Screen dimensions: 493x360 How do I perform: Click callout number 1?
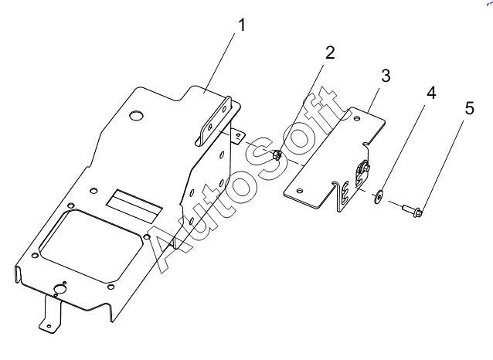tap(241, 25)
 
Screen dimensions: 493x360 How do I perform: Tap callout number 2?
tap(330, 53)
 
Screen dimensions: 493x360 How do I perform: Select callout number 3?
tap(386, 76)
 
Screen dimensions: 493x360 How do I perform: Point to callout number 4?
tap(431, 93)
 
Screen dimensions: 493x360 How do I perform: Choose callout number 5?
tap(469, 108)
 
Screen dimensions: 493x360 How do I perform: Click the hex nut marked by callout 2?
tap(277, 155)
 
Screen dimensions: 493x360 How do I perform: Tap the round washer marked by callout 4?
tap(378, 196)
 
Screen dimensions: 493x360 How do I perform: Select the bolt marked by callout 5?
tap(413, 210)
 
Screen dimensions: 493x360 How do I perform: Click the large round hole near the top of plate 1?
tap(137, 116)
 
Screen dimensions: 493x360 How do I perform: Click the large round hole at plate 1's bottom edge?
tap(59, 289)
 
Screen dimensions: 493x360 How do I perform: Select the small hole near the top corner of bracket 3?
tap(357, 119)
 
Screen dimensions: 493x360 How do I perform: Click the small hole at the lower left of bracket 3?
tap(300, 191)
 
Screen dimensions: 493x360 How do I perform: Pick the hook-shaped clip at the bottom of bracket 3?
tap(342, 196)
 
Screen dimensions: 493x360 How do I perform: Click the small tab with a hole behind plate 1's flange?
tap(238, 136)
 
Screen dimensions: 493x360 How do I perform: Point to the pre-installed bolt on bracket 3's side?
tap(364, 167)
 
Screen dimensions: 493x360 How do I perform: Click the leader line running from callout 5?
tap(442, 165)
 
